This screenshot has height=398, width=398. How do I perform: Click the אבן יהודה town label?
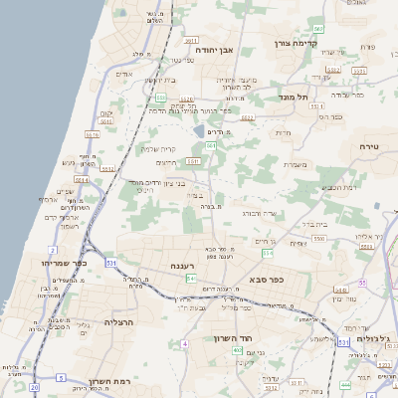[213, 48]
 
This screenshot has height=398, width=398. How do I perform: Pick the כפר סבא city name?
[266, 280]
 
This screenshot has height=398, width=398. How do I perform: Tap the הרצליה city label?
[118, 322]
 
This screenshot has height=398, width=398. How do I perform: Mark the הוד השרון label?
[235, 338]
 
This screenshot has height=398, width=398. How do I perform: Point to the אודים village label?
[124, 74]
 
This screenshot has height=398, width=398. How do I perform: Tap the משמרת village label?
[294, 165]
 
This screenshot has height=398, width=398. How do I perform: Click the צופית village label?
[298, 242]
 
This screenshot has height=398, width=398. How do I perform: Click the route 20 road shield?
[35, 386]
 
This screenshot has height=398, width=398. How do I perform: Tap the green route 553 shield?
[160, 98]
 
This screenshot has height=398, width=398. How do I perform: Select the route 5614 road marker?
[81, 180]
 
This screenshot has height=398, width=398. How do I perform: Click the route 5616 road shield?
[102, 123]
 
